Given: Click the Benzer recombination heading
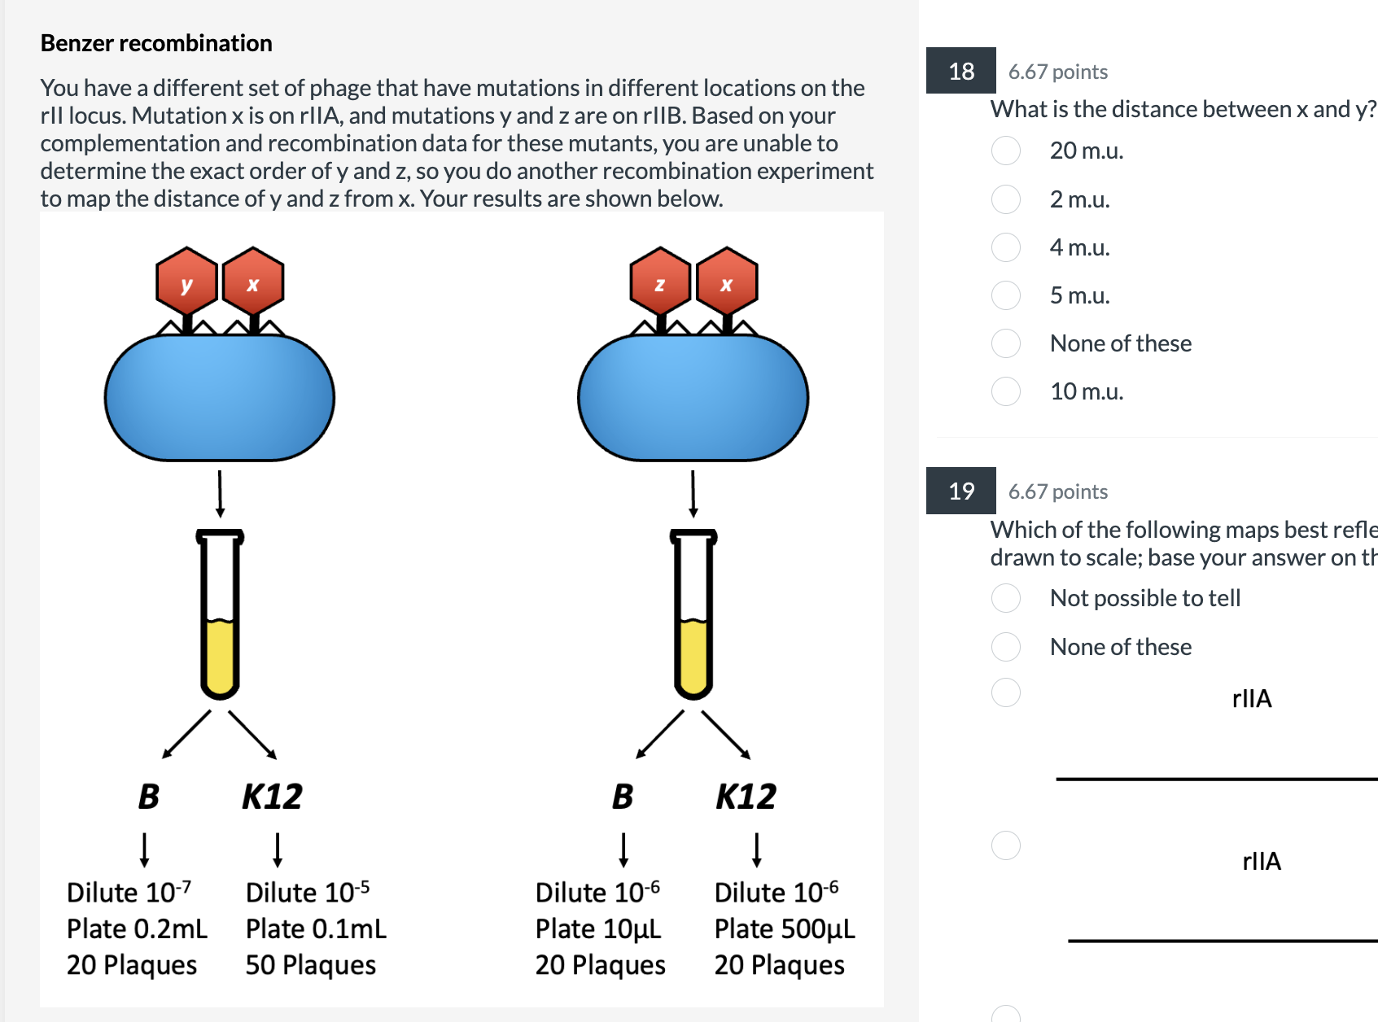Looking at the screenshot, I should [x=156, y=43].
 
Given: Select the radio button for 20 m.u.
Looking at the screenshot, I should [x=1006, y=151].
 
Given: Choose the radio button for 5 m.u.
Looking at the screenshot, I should [x=1006, y=295].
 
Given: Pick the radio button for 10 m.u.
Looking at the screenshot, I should [x=1006, y=391].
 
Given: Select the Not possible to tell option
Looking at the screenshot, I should [x=1006, y=598].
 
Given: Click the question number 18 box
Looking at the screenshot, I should [x=960, y=71].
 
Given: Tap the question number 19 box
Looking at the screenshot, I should [x=960, y=491].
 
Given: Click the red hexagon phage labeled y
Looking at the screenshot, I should [x=187, y=282].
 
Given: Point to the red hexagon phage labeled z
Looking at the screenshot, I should [x=660, y=282].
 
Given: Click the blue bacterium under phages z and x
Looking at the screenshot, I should [x=693, y=398].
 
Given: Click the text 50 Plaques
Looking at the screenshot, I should [x=310, y=965].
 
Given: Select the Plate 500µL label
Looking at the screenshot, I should [x=784, y=929].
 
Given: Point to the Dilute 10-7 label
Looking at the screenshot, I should [x=129, y=893].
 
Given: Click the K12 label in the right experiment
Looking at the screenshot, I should [x=746, y=797].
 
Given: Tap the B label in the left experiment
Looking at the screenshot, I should [x=149, y=797].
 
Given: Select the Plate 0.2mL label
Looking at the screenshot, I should [x=137, y=929].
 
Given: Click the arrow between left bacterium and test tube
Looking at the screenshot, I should [x=220, y=493].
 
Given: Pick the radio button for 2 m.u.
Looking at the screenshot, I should [x=1006, y=199].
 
